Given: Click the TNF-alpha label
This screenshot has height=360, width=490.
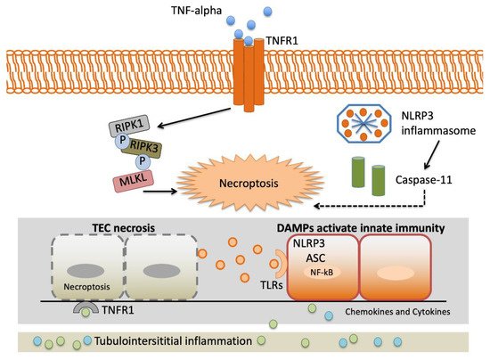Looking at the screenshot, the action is point(197,11).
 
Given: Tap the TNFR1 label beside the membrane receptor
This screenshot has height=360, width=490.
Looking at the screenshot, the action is point(282,41).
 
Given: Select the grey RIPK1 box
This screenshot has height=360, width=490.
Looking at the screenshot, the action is point(129,126).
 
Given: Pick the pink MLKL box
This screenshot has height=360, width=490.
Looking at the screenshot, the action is point(134,181).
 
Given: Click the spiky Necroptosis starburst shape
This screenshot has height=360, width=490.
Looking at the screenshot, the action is point(250,183).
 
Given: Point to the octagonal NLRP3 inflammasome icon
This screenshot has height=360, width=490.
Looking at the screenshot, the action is point(363,124).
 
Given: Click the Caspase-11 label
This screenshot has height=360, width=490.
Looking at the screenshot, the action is point(423,180).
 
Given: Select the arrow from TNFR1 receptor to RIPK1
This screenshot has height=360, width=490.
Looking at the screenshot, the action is point(194,118).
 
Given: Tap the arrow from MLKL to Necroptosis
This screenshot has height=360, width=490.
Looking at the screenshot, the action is point(160,191).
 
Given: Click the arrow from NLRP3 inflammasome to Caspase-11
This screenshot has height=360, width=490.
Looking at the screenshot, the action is point(431,154).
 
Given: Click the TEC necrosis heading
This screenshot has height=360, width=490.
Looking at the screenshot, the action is point(124,228).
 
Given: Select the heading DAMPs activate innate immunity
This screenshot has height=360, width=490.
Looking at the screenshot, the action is point(361,228).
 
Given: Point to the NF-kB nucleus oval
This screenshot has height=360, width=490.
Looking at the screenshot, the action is point(323,273).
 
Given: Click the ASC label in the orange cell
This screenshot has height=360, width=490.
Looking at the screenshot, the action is point(315,258).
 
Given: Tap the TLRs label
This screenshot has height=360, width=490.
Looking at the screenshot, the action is point(271,284).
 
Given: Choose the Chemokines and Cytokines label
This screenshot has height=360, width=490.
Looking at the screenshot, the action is point(397,312).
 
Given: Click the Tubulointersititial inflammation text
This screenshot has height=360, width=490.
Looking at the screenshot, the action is point(173,340).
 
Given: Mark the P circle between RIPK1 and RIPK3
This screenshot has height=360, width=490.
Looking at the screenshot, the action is point(122,140).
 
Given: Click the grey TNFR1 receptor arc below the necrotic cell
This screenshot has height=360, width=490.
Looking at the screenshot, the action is point(86,308).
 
